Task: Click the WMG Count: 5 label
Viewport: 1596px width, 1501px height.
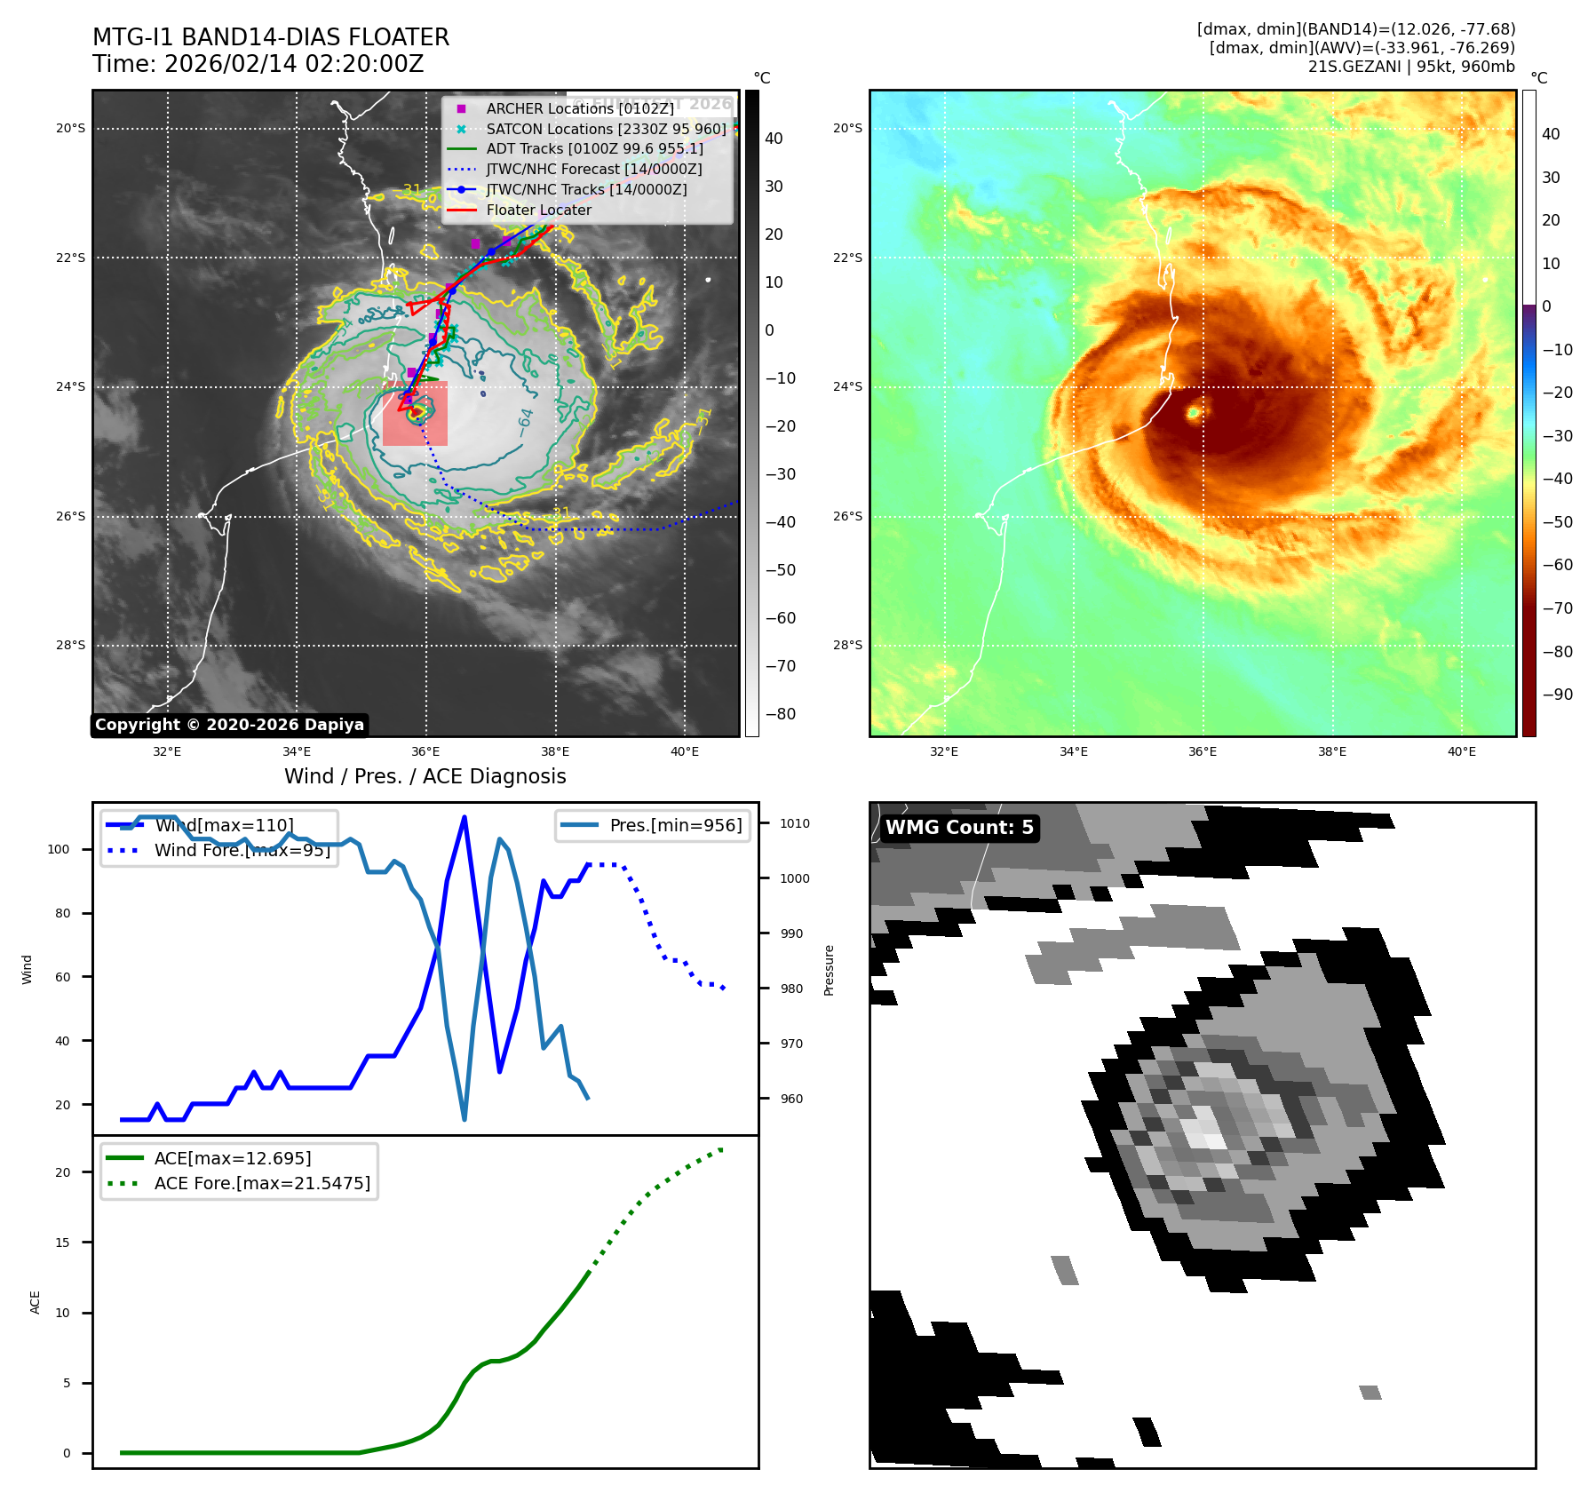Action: pos(959,828)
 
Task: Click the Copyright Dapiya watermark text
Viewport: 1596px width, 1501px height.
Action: pos(229,725)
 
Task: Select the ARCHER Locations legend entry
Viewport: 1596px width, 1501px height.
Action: pos(579,108)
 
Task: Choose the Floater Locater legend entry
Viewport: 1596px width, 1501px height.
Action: pos(538,210)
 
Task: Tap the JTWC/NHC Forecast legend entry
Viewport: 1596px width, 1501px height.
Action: pos(593,169)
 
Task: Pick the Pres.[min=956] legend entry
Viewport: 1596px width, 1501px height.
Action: pos(675,825)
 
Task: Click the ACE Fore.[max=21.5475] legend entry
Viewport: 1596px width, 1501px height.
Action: pos(262,1183)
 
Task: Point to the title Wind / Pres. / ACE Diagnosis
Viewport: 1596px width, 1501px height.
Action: pos(425,776)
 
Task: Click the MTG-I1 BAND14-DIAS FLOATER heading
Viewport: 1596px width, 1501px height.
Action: pos(271,37)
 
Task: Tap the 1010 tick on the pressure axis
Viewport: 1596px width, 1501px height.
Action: pos(795,823)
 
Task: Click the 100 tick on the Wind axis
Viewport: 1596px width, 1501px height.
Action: pos(58,849)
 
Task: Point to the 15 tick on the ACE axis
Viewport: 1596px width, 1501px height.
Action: pos(62,1243)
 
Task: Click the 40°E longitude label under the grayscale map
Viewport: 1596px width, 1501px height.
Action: pos(684,751)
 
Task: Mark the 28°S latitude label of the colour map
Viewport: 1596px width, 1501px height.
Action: pos(847,645)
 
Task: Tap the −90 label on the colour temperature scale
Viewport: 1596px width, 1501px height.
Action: pos(1557,695)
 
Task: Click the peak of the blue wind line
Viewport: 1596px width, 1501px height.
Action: pos(465,817)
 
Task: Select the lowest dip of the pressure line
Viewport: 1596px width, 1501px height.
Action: pos(465,1119)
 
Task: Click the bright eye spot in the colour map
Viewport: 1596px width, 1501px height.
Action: pos(1194,412)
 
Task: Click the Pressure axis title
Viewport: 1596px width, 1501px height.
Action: pos(829,970)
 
